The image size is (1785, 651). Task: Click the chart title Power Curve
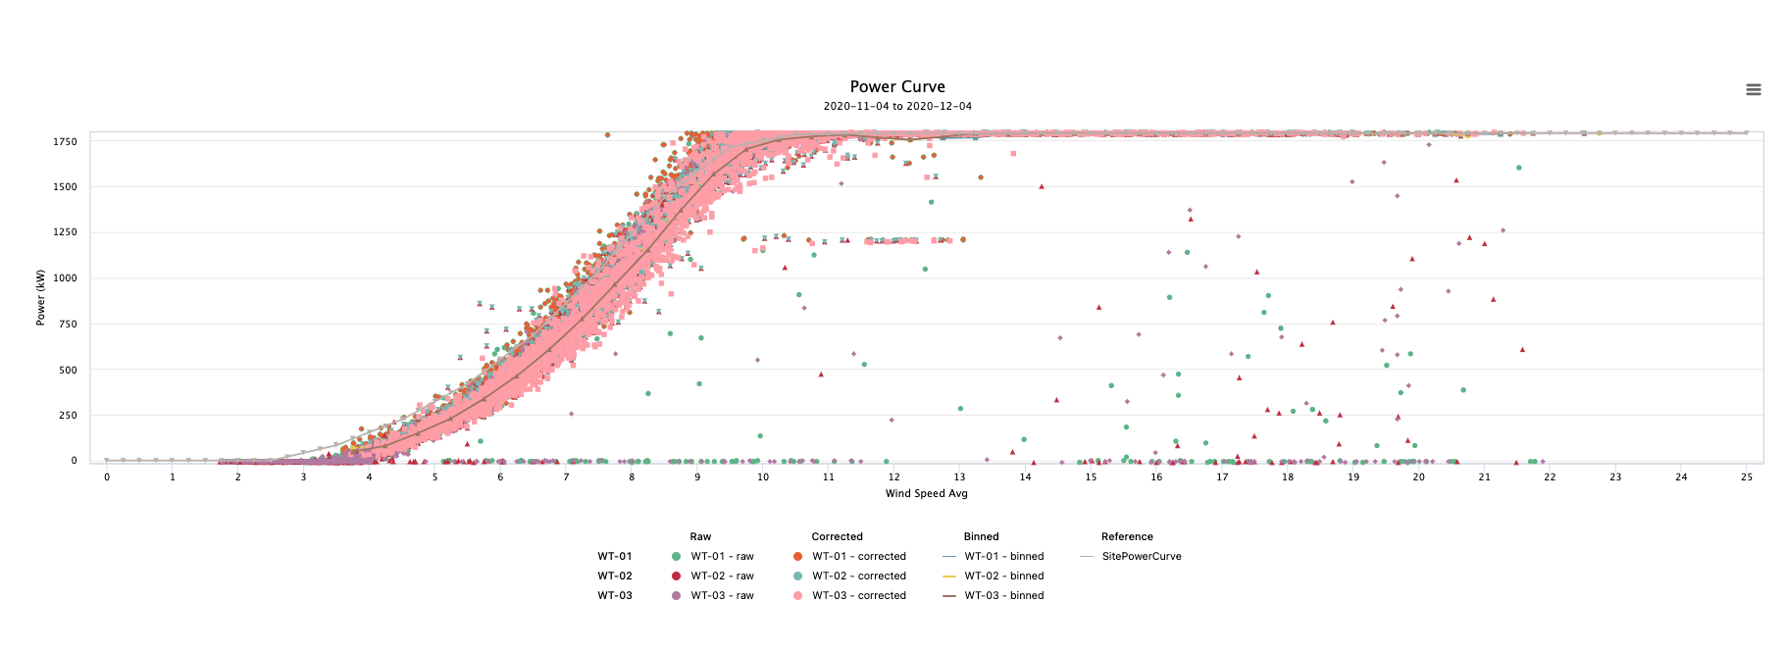(897, 87)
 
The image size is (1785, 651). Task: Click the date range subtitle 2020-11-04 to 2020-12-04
(897, 106)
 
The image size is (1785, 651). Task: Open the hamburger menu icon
(1754, 89)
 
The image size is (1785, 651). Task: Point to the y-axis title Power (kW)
(41, 297)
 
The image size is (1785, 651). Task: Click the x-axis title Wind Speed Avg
(926, 493)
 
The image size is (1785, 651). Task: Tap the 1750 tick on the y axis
(65, 141)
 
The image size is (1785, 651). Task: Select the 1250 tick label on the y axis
(65, 232)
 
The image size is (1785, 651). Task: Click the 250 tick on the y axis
(68, 415)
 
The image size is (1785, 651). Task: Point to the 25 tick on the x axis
(1747, 477)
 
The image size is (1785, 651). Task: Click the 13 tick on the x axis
(959, 477)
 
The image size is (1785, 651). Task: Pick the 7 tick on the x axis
(566, 477)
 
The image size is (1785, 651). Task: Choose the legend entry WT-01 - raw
(722, 556)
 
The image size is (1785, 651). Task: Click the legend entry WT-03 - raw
(722, 595)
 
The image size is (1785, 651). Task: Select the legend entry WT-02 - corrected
(858, 576)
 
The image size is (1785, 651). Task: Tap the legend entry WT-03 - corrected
(858, 595)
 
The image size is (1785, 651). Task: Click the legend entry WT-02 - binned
(1003, 576)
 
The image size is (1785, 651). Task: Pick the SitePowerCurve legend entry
(1141, 556)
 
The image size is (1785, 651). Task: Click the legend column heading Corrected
(837, 536)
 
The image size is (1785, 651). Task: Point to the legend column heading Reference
(1127, 536)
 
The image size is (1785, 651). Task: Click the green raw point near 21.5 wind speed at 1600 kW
(1518, 168)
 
